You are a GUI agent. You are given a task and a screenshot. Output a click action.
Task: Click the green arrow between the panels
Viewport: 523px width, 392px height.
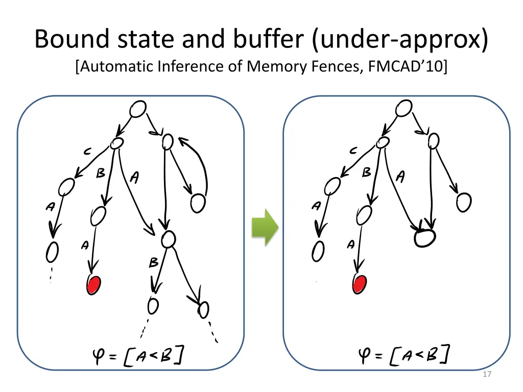point(265,228)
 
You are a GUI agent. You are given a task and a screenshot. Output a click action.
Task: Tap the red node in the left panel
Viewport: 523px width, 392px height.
point(93,285)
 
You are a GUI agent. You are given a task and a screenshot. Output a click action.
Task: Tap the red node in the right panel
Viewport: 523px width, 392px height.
point(360,284)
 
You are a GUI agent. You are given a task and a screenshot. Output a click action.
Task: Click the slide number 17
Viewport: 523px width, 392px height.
point(487,375)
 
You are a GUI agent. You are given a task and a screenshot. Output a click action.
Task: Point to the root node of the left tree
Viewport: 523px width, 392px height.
point(138,109)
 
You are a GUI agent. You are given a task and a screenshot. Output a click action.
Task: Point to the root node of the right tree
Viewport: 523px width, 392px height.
point(403,108)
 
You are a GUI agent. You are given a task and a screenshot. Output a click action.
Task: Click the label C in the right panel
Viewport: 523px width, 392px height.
point(353,151)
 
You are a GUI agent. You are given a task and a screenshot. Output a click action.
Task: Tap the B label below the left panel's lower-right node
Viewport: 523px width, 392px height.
point(153,263)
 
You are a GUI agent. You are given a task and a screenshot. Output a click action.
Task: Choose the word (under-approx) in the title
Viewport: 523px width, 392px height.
point(398,40)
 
